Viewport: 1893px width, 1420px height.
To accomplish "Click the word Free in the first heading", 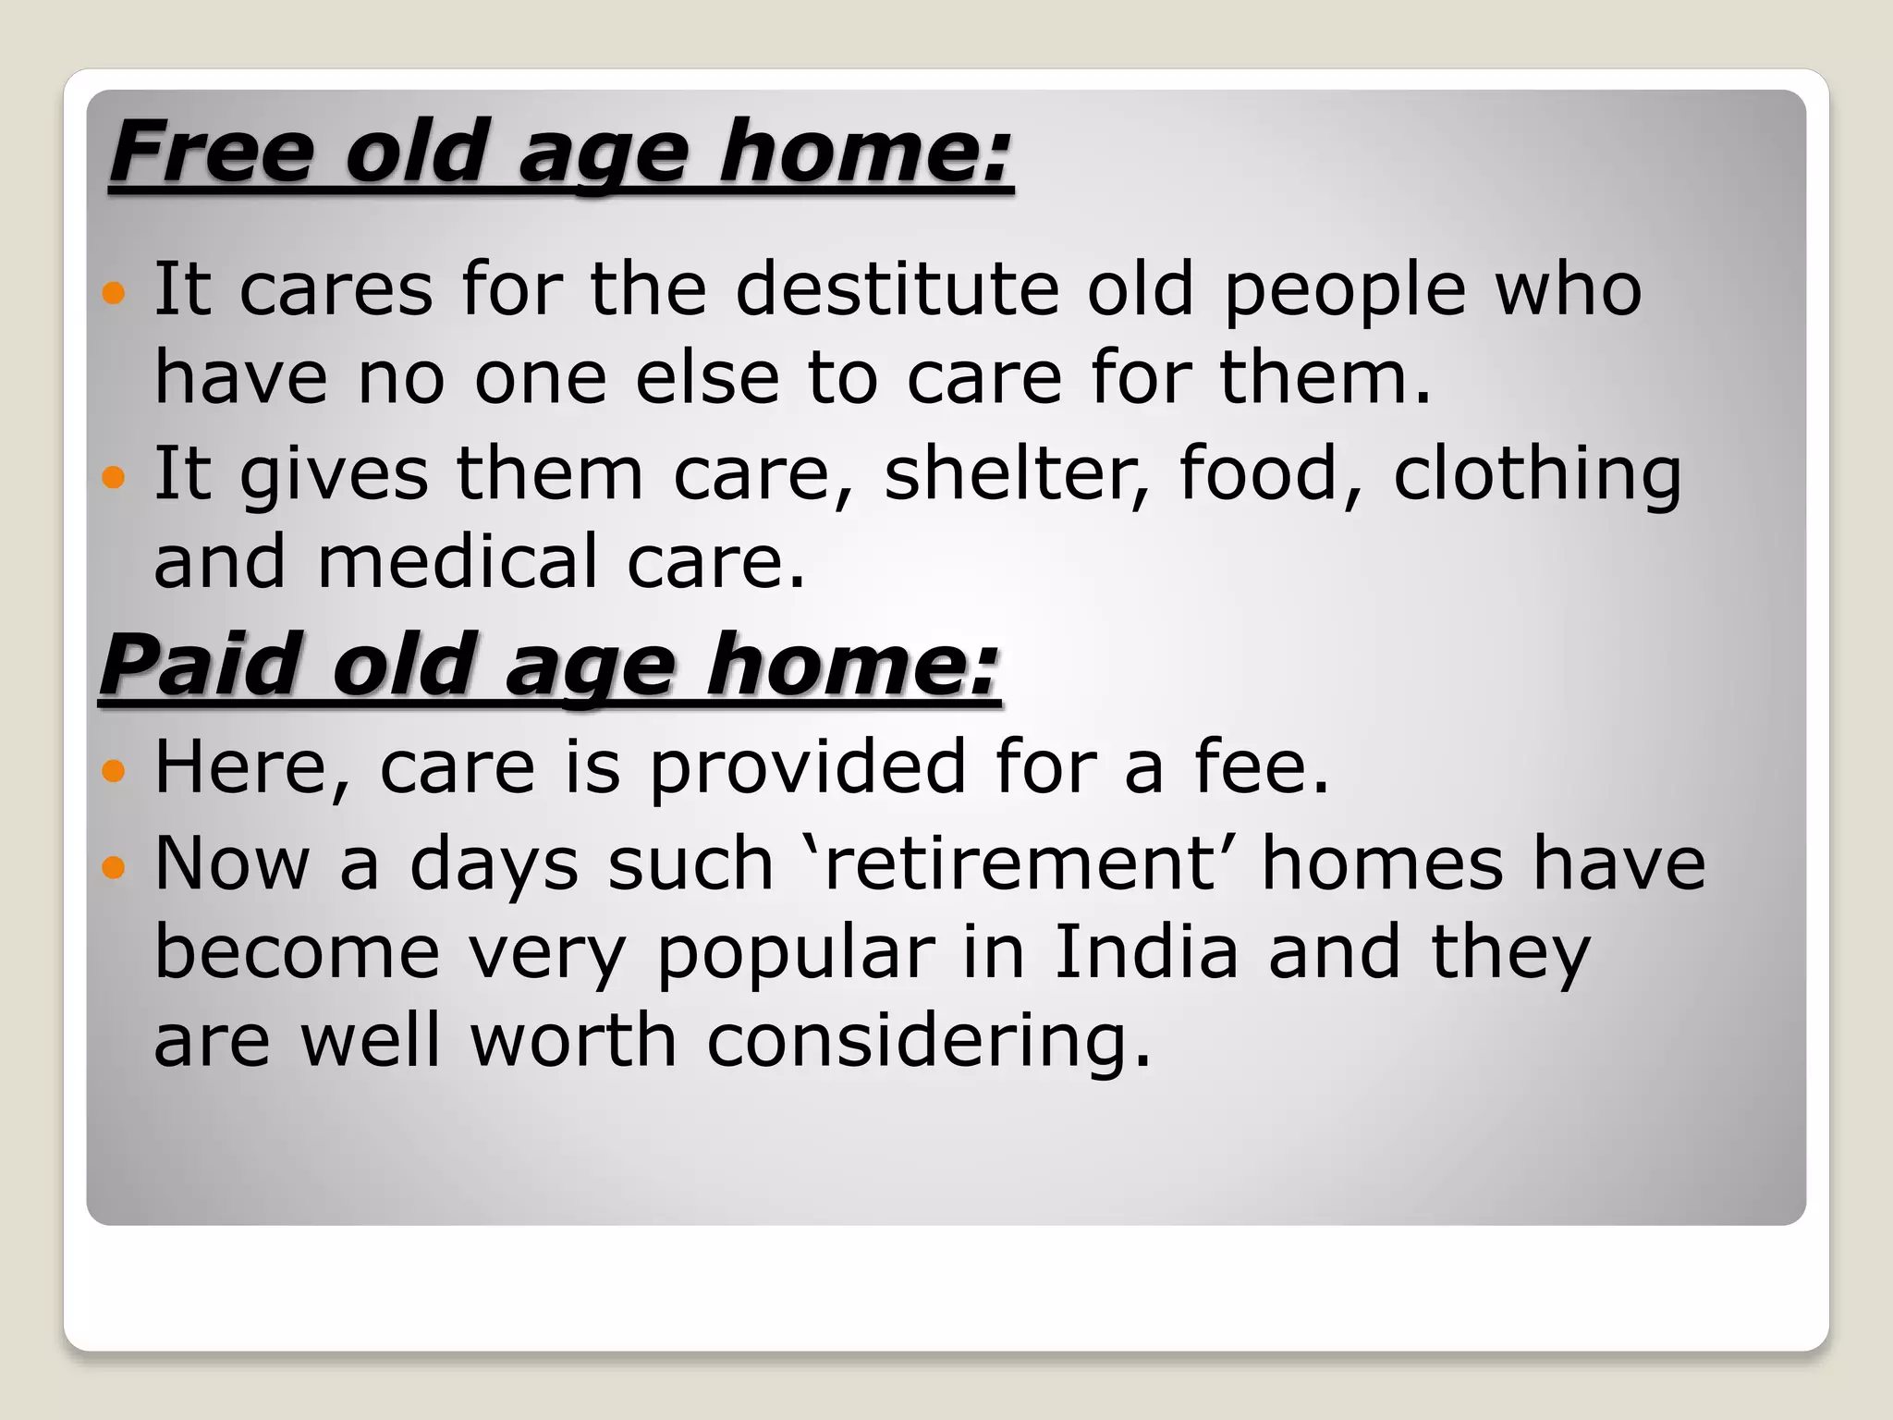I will click(212, 152).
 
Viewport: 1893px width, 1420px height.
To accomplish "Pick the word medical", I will click(458, 561).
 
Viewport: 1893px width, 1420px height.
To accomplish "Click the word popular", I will click(796, 955).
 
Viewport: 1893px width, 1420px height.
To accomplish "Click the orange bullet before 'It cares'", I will click(114, 294).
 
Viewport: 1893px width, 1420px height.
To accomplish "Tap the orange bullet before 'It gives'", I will click(114, 478).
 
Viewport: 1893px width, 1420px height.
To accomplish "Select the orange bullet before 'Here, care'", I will click(114, 770).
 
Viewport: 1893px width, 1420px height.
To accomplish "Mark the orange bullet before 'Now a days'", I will click(114, 867).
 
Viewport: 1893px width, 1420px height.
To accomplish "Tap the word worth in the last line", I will click(574, 1040).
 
